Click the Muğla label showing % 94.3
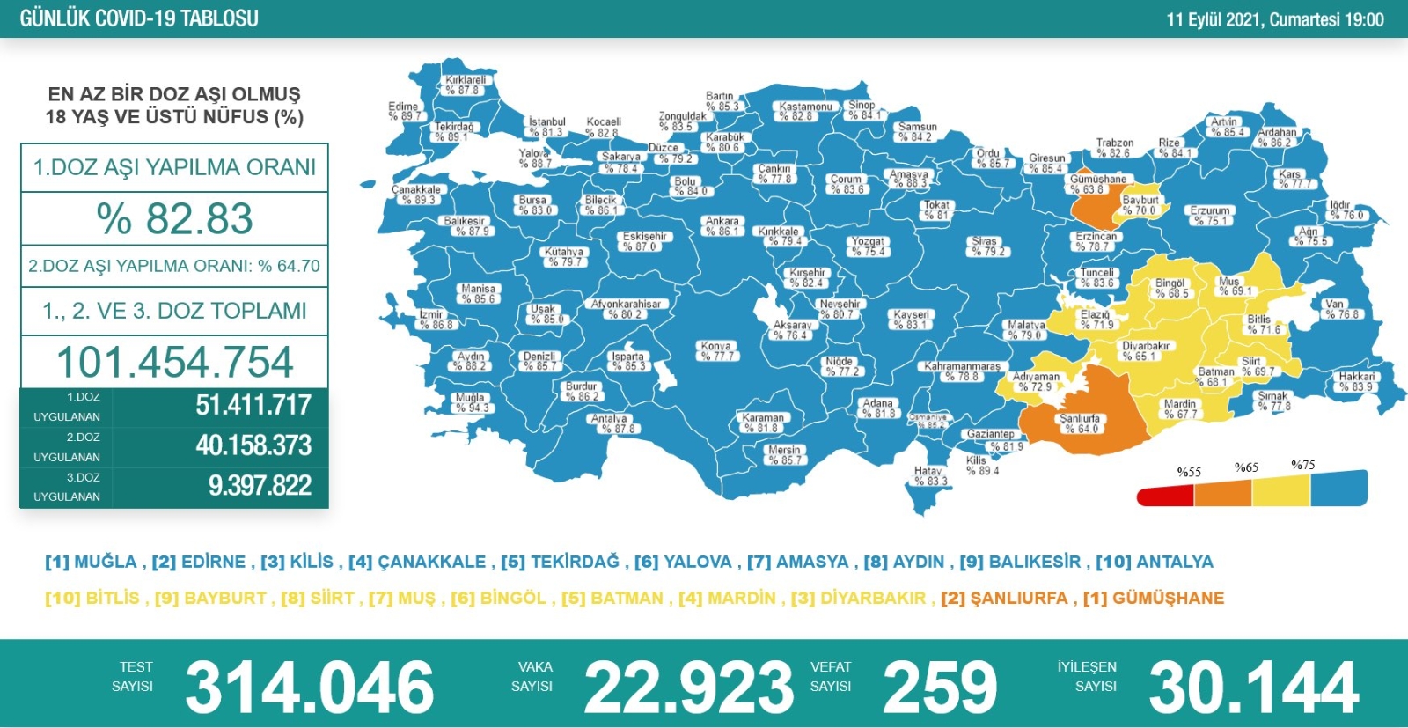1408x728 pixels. [x=471, y=402]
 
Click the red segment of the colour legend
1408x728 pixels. [x=1165, y=496]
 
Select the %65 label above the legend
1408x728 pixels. [x=1246, y=467]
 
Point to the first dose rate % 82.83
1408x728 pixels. [x=175, y=218]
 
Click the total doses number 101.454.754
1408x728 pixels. [x=175, y=362]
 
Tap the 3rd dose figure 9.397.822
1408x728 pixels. [x=260, y=486]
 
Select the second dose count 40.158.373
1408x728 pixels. [x=253, y=445]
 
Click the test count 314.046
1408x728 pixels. [x=309, y=688]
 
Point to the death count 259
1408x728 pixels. [x=939, y=688]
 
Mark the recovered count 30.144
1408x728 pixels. [x=1254, y=688]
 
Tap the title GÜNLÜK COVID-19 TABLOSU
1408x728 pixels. [x=139, y=18]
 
